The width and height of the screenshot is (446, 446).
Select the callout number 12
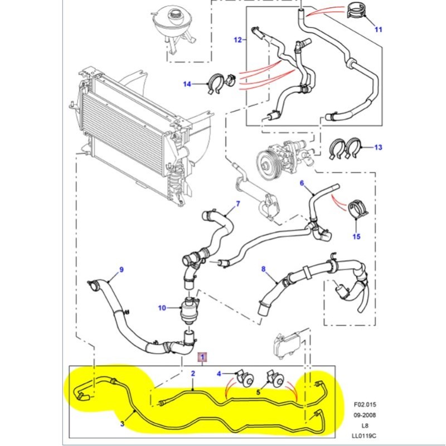click(237, 40)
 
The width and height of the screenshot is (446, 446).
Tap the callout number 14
click(187, 84)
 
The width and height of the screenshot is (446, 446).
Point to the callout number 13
click(379, 148)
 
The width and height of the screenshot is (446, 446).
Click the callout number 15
click(357, 236)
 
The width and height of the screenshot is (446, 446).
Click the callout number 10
click(162, 308)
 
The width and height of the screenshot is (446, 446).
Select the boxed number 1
click(203, 356)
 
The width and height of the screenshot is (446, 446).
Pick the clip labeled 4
click(244, 379)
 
